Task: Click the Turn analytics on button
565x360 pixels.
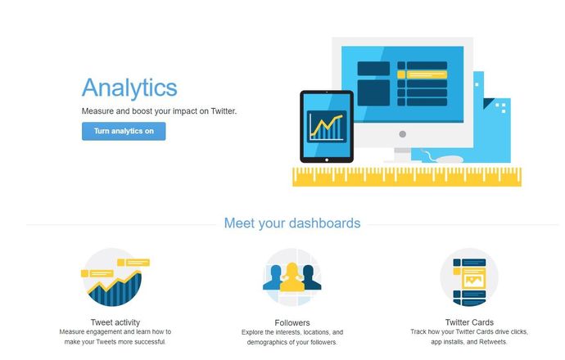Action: click(x=124, y=131)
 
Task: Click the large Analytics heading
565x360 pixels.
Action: click(x=129, y=88)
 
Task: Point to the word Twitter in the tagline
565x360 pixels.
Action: click(x=224, y=111)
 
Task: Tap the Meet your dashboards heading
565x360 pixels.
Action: click(x=292, y=223)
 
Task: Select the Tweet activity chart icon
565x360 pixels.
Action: click(x=115, y=277)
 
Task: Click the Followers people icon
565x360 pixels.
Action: click(x=292, y=277)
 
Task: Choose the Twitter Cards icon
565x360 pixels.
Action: click(x=469, y=277)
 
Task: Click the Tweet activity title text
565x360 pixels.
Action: click(x=115, y=322)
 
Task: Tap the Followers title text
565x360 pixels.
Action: click(x=292, y=322)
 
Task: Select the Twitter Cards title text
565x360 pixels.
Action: click(x=469, y=322)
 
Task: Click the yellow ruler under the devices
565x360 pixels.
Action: click(x=407, y=177)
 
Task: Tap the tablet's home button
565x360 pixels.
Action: click(x=327, y=160)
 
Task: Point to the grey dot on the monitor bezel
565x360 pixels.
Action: click(x=403, y=134)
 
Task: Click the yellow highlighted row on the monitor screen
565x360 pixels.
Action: click(x=422, y=75)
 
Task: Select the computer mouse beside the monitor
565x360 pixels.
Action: click(x=449, y=159)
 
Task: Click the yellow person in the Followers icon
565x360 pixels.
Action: click(x=292, y=277)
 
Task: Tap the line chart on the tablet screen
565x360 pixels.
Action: click(x=327, y=127)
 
